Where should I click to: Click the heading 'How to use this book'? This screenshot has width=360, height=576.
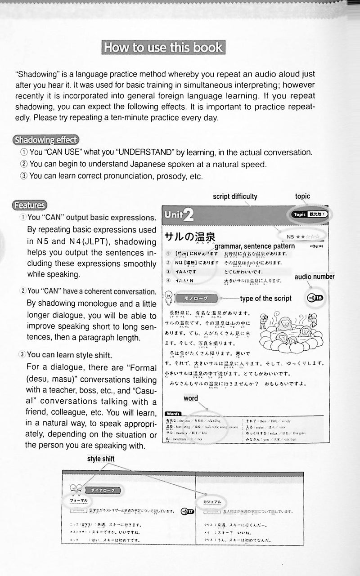tap(163, 47)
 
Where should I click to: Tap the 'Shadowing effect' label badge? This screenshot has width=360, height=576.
tap(46, 139)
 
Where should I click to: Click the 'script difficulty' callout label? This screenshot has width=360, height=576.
tap(235, 196)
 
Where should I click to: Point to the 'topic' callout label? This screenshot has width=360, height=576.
tap(302, 196)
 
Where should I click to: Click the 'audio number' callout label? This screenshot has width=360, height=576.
tap(315, 277)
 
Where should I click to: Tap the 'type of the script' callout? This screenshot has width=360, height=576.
tap(265, 299)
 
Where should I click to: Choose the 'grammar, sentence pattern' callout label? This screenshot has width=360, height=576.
tap(255, 246)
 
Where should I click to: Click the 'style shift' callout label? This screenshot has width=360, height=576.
tap(101, 459)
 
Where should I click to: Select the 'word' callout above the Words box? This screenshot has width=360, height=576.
tap(191, 398)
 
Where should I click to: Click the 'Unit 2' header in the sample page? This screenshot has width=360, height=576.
tap(179, 215)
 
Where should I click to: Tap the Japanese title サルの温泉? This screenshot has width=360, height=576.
tap(190, 237)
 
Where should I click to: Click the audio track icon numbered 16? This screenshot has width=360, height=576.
tap(315, 298)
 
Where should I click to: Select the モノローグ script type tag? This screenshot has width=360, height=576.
tap(198, 298)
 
